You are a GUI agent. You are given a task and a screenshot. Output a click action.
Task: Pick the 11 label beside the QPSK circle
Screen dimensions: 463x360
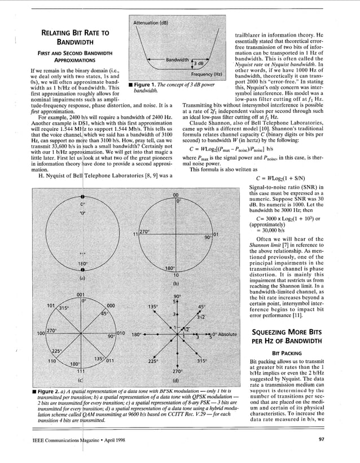click(x=136, y=233)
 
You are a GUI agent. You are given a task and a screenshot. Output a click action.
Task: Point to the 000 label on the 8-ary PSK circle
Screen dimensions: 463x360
click(x=111, y=305)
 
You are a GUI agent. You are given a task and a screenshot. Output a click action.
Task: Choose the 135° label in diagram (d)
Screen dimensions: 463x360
click(x=152, y=307)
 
